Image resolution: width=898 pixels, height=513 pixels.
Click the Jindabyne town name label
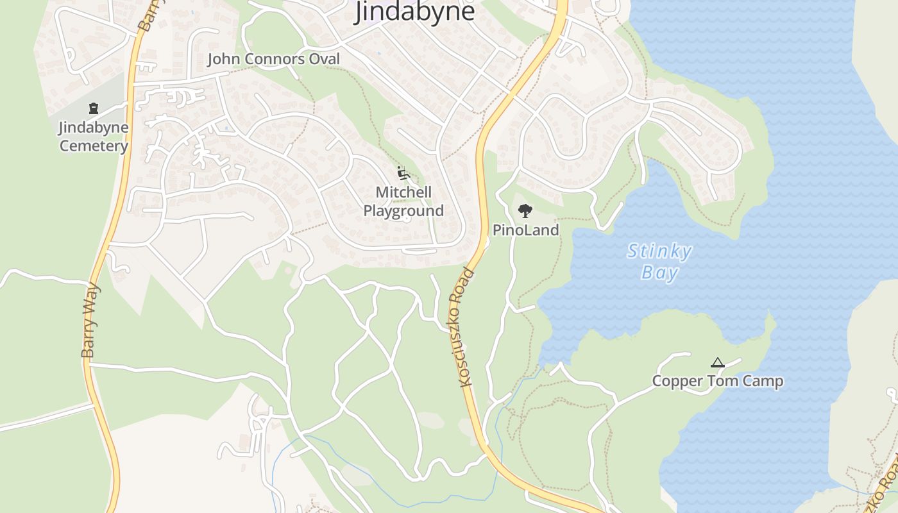click(414, 11)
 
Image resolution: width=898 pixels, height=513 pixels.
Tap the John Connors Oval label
click(273, 60)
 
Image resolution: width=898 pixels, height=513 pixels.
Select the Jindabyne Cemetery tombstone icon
click(94, 108)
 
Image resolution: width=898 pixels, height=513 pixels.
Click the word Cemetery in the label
click(94, 146)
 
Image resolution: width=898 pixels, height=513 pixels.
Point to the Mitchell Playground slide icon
click(403, 173)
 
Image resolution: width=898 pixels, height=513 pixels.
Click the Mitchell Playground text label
click(403, 201)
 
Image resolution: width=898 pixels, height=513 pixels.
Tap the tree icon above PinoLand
click(525, 211)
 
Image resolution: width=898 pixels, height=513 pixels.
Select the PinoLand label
click(525, 230)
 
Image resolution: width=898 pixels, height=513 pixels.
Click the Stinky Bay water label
click(659, 262)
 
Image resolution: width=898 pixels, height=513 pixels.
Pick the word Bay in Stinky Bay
click(659, 273)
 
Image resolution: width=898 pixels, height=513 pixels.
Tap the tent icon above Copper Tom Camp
click(717, 363)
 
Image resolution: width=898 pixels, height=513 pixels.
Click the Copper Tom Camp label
click(717, 382)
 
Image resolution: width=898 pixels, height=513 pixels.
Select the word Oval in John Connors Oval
click(323, 60)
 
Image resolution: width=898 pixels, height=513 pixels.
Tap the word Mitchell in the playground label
click(403, 192)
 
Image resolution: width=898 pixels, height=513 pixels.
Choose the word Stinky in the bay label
click(659, 251)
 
